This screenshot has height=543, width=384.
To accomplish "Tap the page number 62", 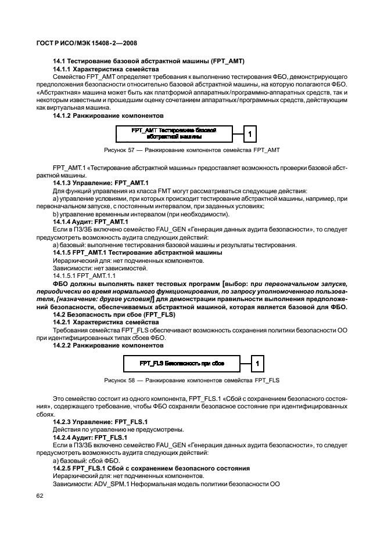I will [40, 496].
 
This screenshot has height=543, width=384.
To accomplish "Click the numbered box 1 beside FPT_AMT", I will [250, 134].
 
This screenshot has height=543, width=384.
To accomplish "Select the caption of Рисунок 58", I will [192, 381].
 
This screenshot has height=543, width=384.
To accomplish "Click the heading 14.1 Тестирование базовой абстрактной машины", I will [149, 61].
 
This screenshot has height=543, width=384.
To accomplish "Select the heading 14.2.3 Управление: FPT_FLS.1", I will [93, 421].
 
